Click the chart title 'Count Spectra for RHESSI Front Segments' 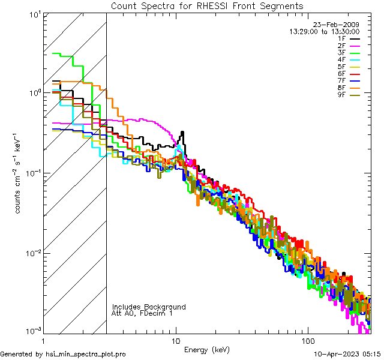click(x=207, y=5)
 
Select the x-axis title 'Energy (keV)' click(x=206, y=350)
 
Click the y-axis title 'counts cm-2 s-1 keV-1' click(x=19, y=173)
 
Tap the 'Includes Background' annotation click(x=149, y=307)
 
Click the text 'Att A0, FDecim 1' click(x=142, y=313)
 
